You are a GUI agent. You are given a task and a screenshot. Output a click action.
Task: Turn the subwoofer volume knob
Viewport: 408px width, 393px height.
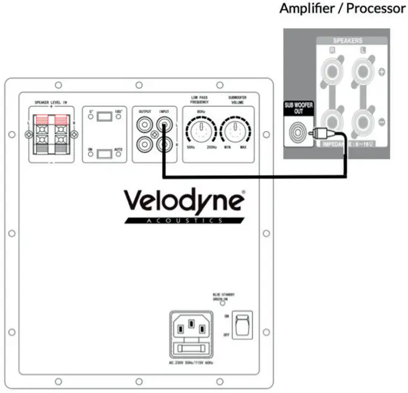tap(234, 129)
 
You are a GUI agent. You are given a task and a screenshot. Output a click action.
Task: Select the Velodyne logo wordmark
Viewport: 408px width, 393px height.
tap(184, 201)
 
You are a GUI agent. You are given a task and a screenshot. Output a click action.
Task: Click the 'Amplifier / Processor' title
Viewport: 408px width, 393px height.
tap(343, 8)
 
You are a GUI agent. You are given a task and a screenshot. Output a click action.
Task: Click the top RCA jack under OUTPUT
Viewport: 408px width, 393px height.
tap(145, 126)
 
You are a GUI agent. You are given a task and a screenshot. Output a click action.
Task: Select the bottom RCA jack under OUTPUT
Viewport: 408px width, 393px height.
tap(145, 145)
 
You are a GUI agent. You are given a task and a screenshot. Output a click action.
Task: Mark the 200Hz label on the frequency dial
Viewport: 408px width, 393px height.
tap(212, 147)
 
